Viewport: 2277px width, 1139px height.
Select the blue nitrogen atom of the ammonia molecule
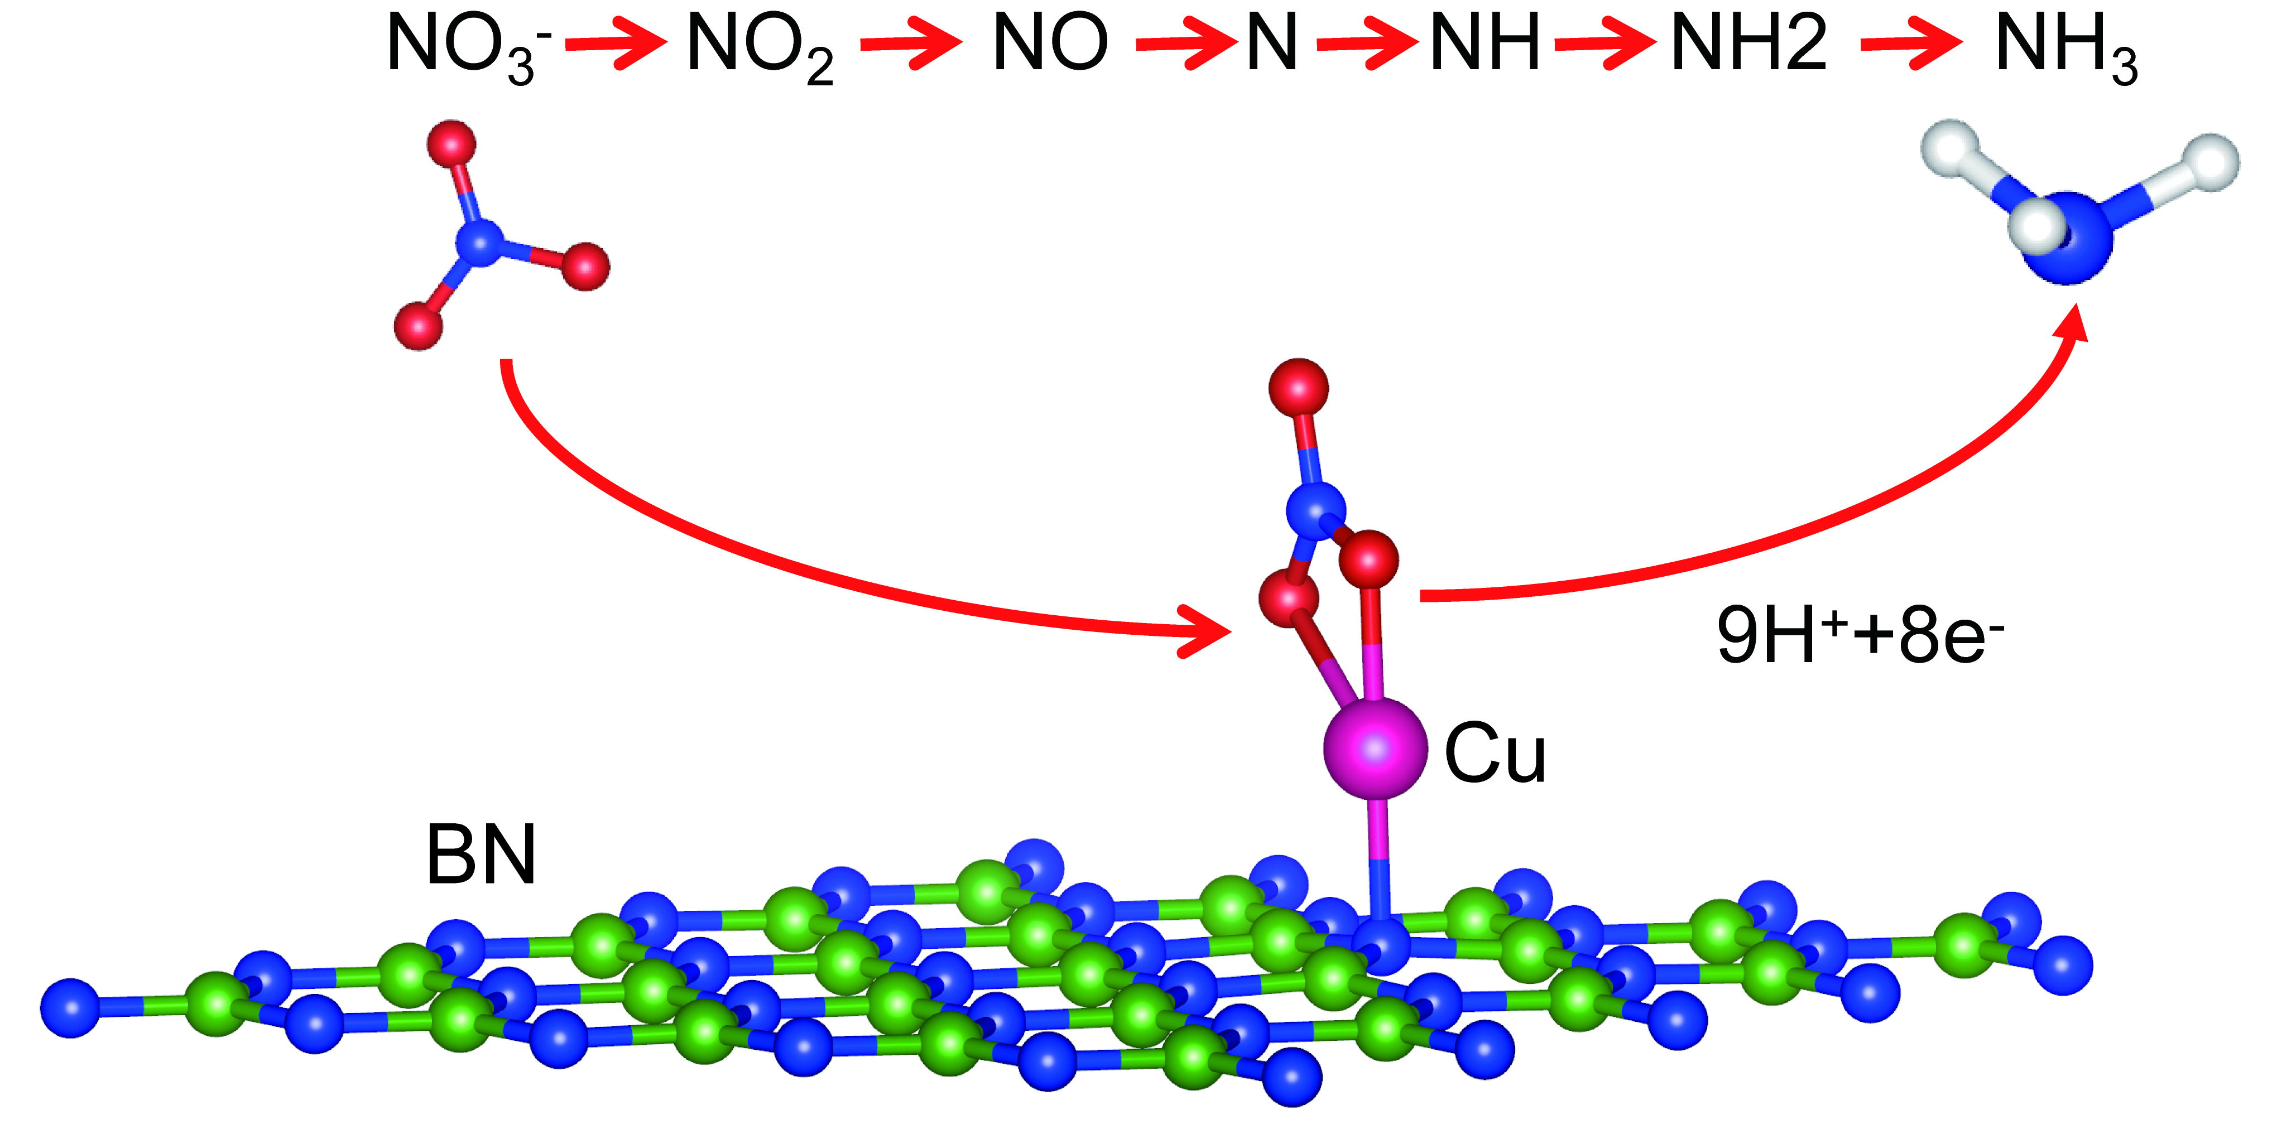(2068, 239)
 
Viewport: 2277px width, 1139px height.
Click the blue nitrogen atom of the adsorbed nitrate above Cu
(1315, 511)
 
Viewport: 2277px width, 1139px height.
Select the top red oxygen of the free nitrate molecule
(451, 143)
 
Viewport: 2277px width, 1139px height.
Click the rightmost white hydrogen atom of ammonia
(2212, 162)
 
